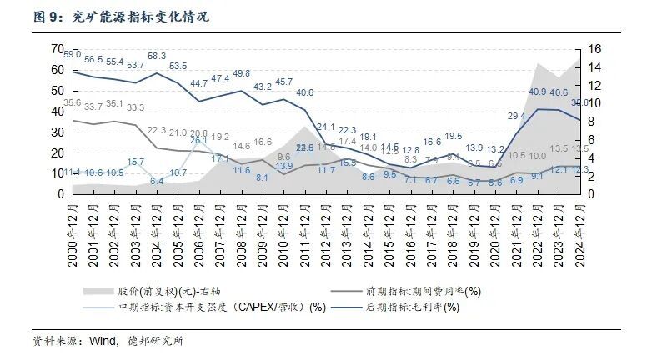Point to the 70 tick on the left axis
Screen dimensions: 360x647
[57, 49]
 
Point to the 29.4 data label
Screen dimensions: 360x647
[517, 116]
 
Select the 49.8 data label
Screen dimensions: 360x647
[242, 73]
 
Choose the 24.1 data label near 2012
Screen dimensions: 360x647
[326, 127]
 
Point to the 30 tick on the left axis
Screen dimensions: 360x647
[57, 132]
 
